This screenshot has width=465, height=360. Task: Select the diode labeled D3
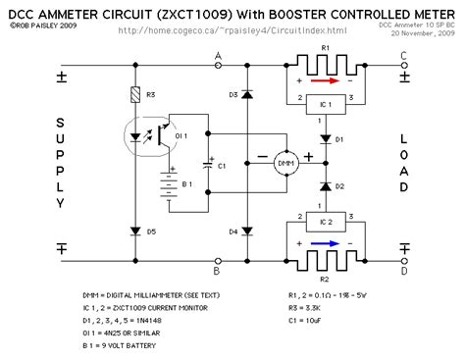[x=244, y=95]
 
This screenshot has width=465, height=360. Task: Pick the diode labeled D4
[x=244, y=232]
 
